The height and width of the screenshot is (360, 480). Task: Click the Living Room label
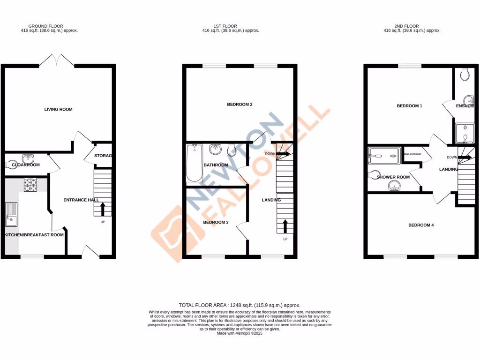[58, 109]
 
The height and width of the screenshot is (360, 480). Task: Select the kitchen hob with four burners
[30, 185]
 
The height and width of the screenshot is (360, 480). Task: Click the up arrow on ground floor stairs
[103, 209]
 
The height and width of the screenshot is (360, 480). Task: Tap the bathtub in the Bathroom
[194, 163]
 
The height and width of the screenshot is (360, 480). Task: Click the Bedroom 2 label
[240, 104]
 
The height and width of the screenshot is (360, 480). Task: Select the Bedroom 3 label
[216, 222]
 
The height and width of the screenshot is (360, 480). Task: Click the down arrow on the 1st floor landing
[283, 153]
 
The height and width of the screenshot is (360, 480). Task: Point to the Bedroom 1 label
[409, 106]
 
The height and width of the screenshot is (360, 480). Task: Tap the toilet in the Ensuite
[465, 74]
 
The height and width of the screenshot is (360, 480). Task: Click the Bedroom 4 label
[420, 225]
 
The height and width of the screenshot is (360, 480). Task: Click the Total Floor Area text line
[240, 305]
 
